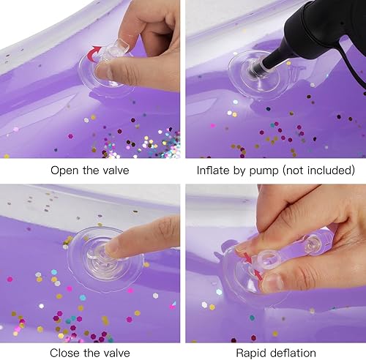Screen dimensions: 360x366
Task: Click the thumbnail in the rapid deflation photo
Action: [x=273, y=282]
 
